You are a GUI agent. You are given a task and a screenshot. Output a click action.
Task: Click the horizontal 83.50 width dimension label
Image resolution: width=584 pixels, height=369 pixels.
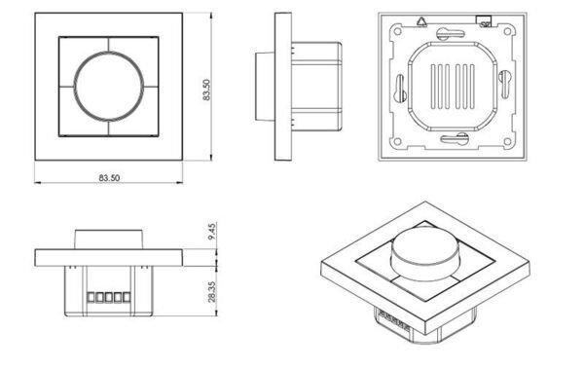coord(109,178)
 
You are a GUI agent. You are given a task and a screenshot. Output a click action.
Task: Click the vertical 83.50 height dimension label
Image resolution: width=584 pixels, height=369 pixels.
coord(206,90)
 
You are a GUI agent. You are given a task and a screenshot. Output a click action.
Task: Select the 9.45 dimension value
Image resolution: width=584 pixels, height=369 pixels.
coord(212,232)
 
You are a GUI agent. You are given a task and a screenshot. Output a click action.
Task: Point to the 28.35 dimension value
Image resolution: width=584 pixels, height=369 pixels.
coord(212,291)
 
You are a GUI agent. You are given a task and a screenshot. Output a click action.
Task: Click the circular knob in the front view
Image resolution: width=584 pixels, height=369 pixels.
coord(109,86)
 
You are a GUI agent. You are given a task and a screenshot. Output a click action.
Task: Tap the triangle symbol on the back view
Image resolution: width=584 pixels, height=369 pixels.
coord(421,22)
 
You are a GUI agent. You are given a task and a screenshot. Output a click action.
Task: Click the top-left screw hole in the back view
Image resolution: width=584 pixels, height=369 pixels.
coord(397,31)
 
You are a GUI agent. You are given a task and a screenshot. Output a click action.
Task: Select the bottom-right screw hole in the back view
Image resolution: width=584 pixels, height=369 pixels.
coord(507,141)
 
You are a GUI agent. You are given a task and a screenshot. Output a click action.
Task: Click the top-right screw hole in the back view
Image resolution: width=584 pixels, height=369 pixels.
coord(507,31)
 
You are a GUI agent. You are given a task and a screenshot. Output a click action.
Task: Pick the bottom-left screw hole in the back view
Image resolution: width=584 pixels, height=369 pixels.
coord(397,141)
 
